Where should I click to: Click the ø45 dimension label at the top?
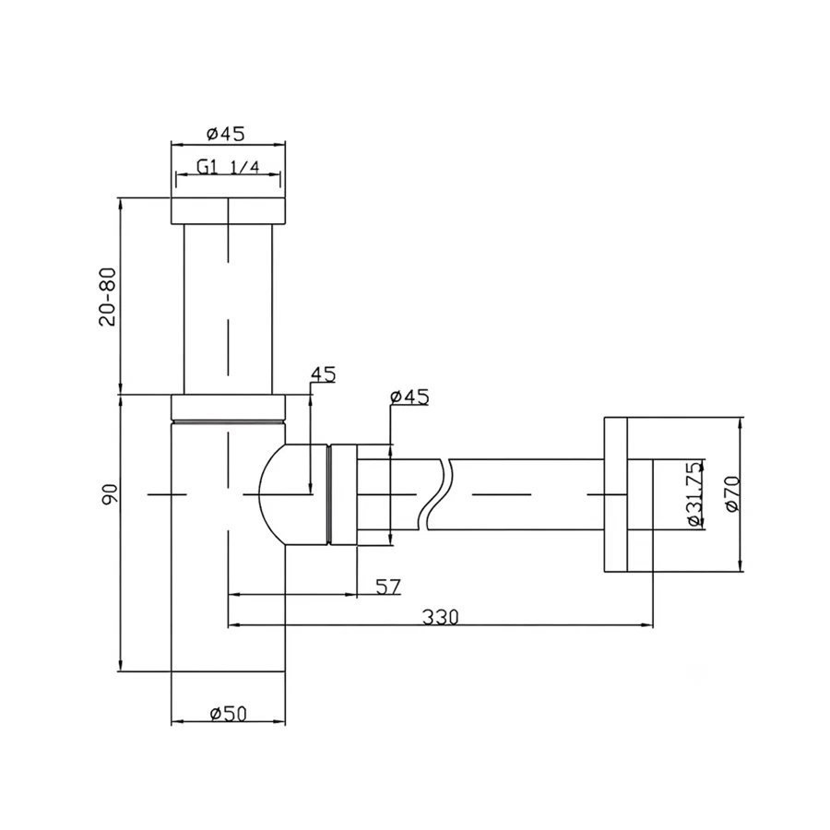click(x=226, y=134)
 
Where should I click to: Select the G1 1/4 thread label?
click(x=228, y=167)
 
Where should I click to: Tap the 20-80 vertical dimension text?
click(x=109, y=296)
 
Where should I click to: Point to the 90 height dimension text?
click(x=109, y=495)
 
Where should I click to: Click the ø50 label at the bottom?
click(x=229, y=714)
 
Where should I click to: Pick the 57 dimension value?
click(x=388, y=587)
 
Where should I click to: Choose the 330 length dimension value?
click(x=441, y=617)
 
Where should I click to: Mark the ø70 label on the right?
click(x=732, y=493)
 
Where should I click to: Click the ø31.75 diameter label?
click(x=695, y=493)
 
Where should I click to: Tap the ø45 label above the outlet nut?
click(x=409, y=397)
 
